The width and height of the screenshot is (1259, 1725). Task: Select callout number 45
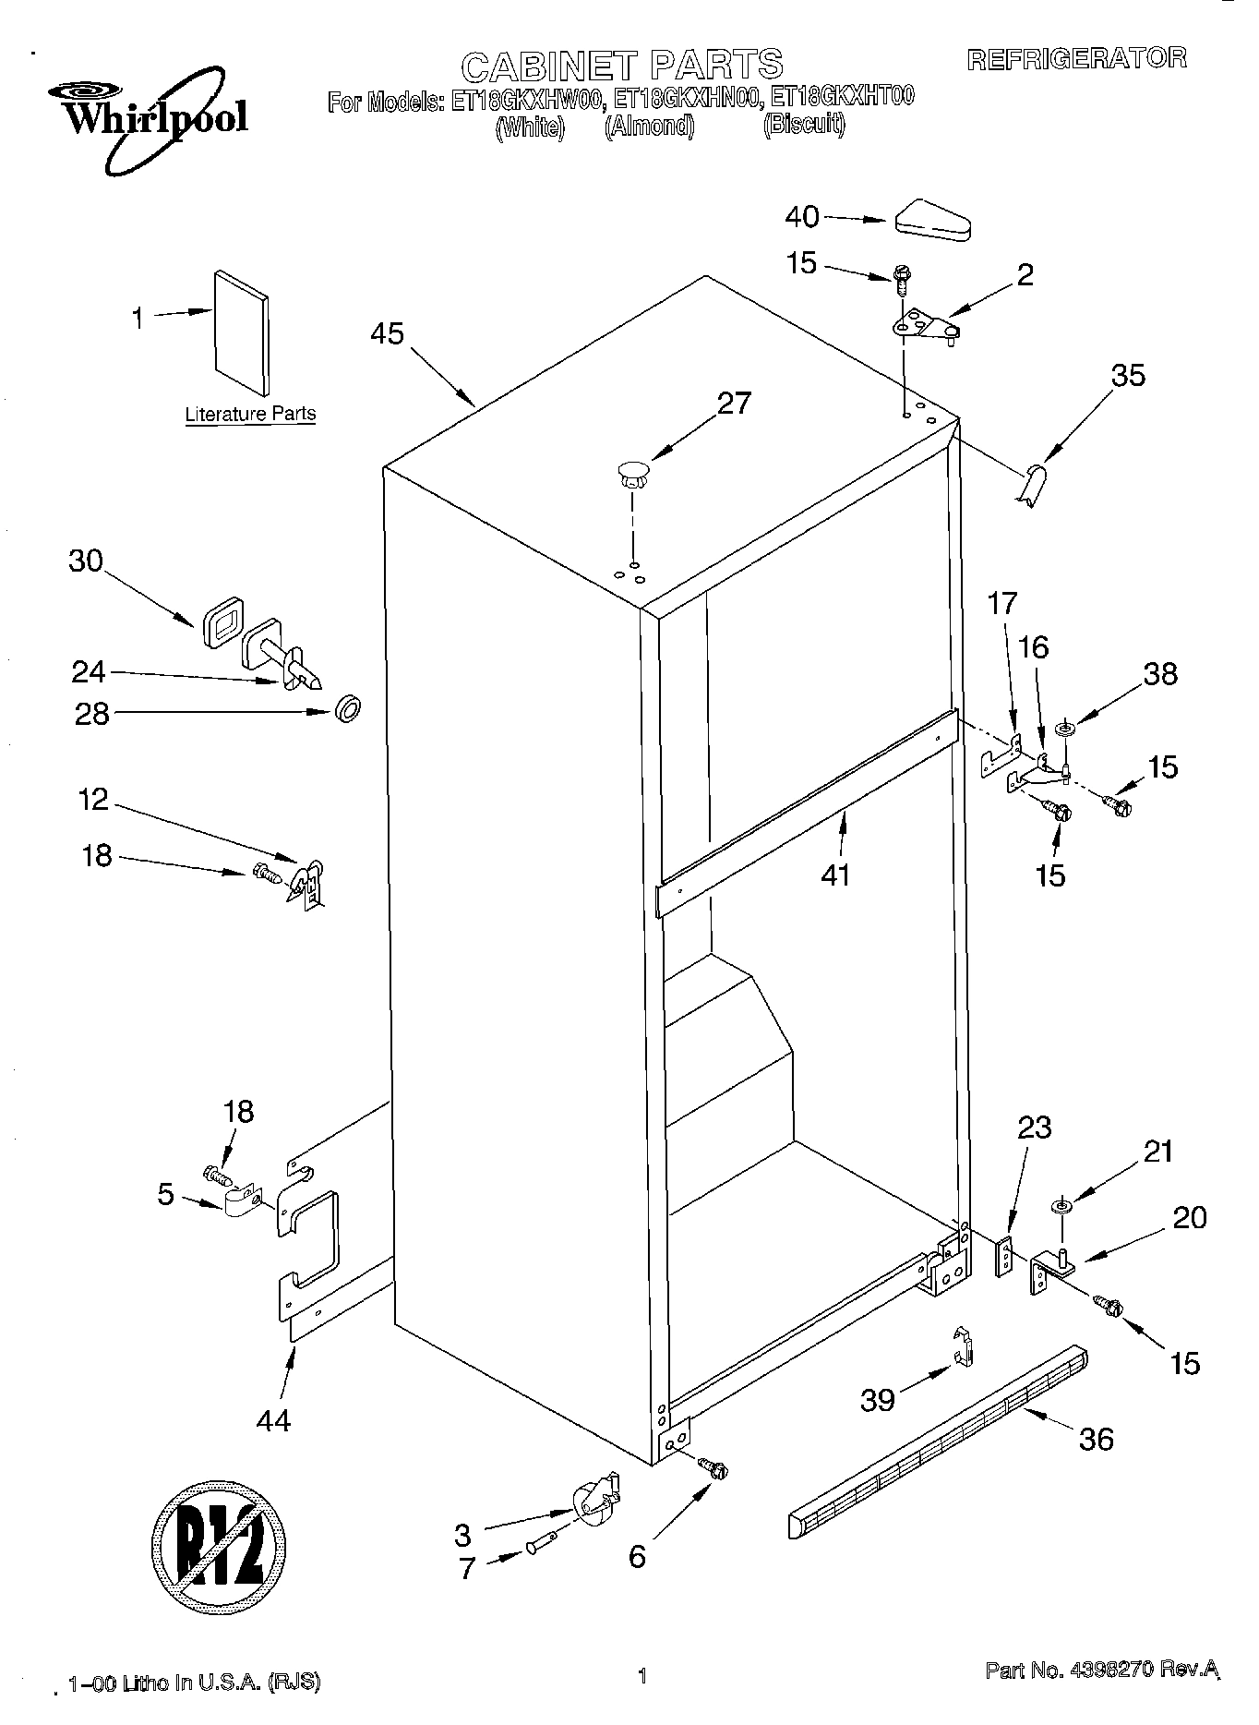tap(387, 333)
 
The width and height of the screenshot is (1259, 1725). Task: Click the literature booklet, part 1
tap(242, 333)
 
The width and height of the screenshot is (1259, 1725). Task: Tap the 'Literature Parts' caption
tap(250, 414)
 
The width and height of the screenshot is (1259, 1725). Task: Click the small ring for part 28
tap(348, 711)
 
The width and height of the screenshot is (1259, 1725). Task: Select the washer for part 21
tap(1061, 1206)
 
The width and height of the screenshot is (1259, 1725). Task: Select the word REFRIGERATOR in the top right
tap(1075, 59)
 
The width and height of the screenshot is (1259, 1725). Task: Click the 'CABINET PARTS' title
tap(621, 66)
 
